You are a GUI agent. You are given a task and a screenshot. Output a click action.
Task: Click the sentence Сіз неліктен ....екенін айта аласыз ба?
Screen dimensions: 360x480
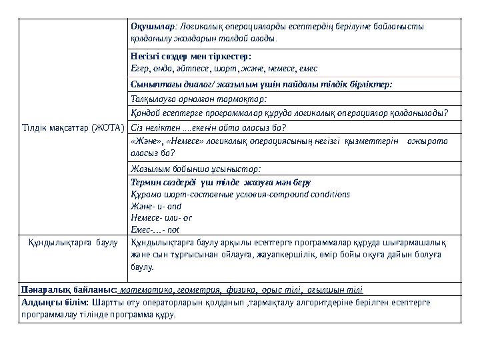click(209, 127)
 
